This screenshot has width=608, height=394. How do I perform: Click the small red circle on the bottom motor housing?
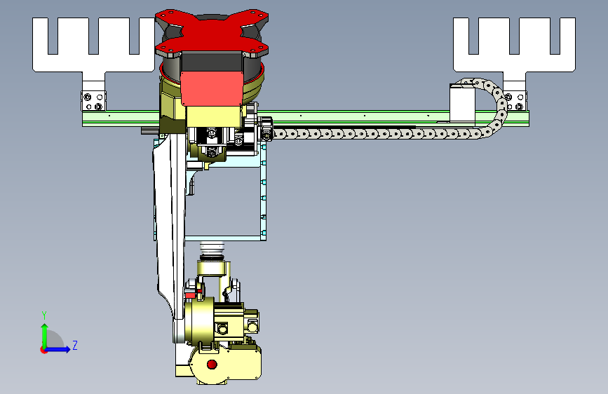pyautogui.click(x=212, y=364)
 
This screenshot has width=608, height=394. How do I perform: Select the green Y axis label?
pyautogui.click(x=44, y=315)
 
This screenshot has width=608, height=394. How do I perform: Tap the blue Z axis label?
pyautogui.click(x=75, y=345)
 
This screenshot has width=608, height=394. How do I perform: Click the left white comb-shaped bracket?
pyautogui.click(x=93, y=62)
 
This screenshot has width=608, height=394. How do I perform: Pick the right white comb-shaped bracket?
pyautogui.click(x=514, y=62)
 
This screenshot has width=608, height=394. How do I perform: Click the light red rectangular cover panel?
pyautogui.click(x=212, y=88)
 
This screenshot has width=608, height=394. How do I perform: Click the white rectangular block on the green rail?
pyautogui.click(x=462, y=103)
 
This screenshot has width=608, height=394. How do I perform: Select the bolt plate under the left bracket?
pyautogui.click(x=93, y=101)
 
